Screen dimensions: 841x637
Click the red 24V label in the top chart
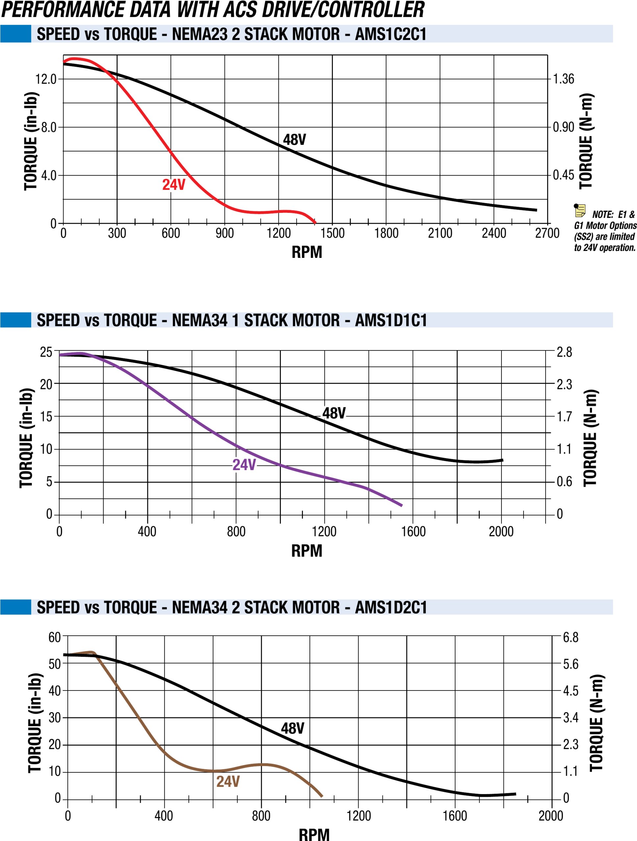tap(174, 185)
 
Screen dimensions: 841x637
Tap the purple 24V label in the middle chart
tap(244, 465)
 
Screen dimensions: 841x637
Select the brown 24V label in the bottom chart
tap(228, 781)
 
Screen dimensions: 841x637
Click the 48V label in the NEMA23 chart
tap(294, 140)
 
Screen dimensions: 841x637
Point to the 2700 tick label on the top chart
tap(547, 233)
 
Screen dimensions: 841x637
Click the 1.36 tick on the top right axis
tap(563, 79)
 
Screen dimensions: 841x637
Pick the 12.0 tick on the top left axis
tap(46, 79)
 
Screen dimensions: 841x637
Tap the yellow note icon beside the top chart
tap(580, 210)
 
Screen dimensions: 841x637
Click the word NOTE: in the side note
tap(603, 215)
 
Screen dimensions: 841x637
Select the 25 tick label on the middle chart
tap(46, 352)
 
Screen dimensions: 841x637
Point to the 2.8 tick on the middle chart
tap(564, 352)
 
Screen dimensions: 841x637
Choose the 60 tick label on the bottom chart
tap(54, 637)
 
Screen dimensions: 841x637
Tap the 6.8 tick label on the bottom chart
tap(571, 637)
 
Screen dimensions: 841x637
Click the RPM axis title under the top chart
tap(307, 252)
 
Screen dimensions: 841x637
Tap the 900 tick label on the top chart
tap(225, 233)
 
